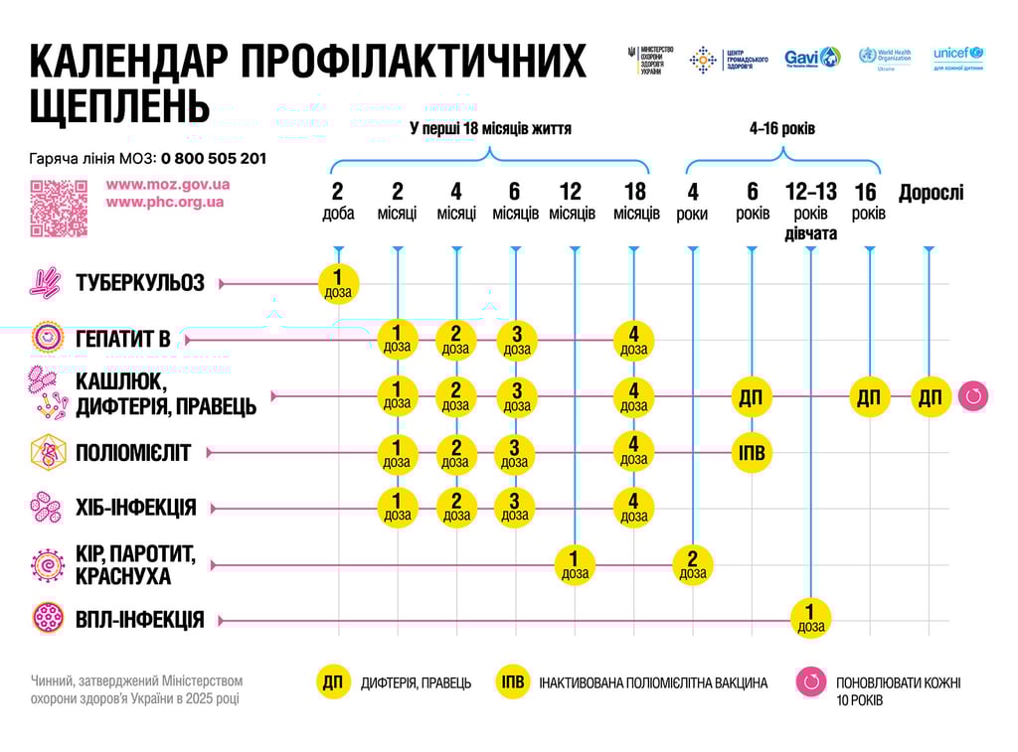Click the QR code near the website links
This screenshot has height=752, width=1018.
tap(59, 208)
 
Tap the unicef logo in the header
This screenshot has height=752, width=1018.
tap(958, 57)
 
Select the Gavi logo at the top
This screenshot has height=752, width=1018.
tap(811, 58)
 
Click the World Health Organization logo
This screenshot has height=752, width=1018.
tap(885, 57)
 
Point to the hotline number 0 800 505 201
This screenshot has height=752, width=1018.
tap(214, 158)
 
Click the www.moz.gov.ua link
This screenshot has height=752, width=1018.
tap(168, 184)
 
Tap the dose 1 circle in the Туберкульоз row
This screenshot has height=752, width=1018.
tap(338, 283)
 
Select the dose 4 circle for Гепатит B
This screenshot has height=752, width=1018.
tap(633, 339)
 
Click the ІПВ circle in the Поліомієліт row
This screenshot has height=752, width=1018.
tap(752, 453)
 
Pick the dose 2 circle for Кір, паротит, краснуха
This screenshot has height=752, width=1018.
tap(693, 564)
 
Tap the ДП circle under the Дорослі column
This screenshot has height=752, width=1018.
tap(930, 397)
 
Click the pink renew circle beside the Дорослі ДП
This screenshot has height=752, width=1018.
tap(973, 397)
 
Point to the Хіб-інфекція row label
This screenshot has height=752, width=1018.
tap(136, 508)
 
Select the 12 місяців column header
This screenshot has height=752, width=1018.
tap(572, 201)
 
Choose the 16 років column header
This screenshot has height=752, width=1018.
tap(868, 201)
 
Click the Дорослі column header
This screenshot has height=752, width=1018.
tap(932, 193)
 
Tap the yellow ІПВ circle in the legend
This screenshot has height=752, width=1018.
tap(513, 682)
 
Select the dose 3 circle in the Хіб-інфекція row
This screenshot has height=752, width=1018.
tap(515, 507)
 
